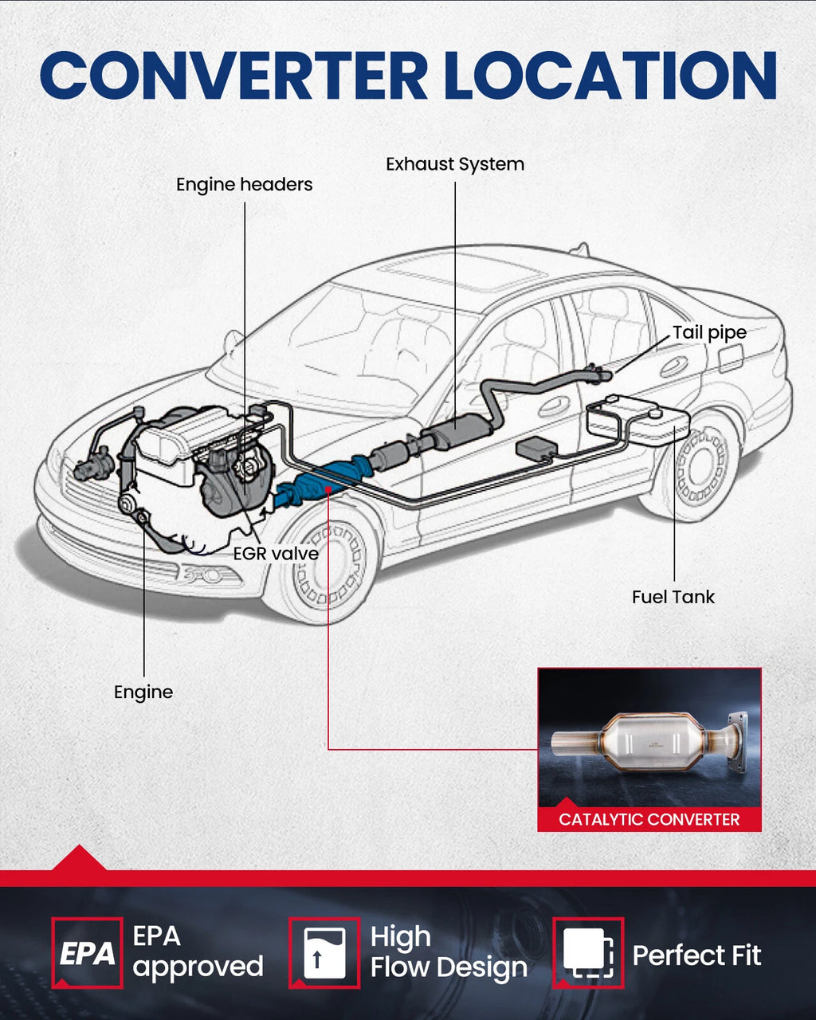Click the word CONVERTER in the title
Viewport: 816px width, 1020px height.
(234, 76)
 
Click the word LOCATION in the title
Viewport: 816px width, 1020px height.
(610, 76)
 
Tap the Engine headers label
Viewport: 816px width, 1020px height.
(244, 184)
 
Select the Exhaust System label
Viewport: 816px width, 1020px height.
(455, 164)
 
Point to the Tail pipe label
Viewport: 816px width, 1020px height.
(709, 333)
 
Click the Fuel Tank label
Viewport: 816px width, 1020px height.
(673, 597)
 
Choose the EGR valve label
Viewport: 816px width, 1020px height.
(276, 553)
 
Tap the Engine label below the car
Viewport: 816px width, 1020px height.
(143, 692)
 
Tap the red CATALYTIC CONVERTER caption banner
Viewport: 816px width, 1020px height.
(649, 819)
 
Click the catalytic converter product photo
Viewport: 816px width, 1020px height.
(649, 737)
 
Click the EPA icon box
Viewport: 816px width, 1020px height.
(87, 953)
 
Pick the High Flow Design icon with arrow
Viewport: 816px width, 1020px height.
(324, 953)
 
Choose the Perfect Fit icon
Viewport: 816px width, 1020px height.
(588, 953)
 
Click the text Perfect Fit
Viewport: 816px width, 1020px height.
(697, 955)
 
